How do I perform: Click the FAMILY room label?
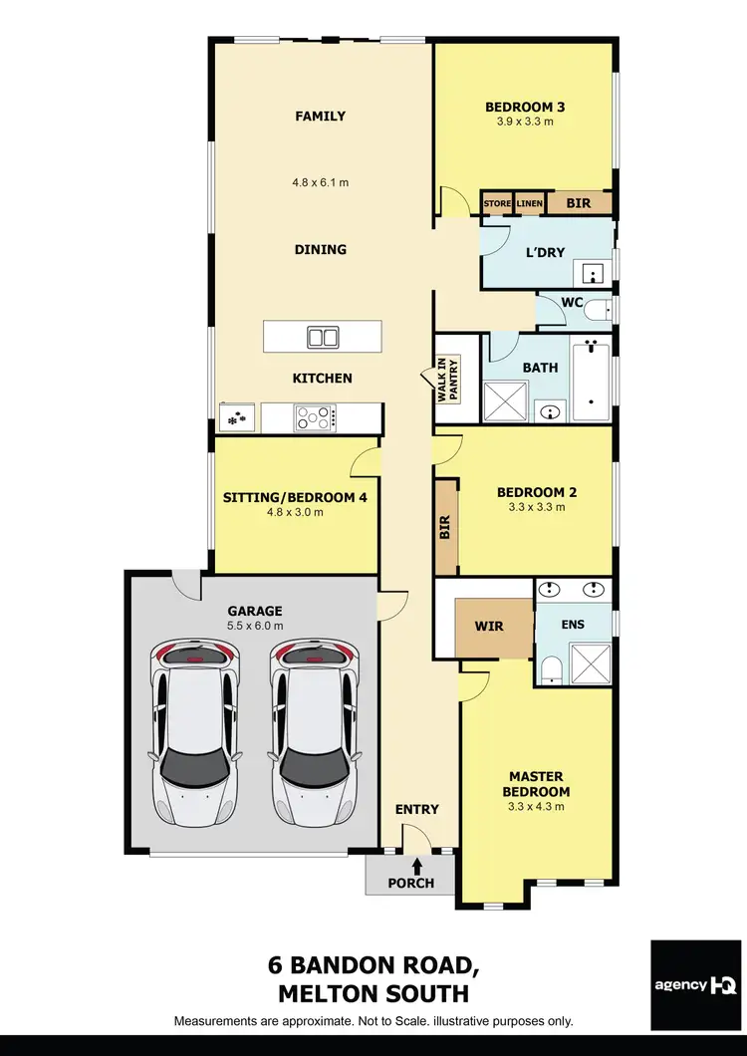point(320,117)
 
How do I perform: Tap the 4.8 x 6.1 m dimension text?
point(320,182)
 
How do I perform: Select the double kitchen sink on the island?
point(323,337)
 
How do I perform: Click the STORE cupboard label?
point(496,203)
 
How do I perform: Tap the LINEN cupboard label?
point(529,203)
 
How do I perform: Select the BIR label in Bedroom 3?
point(578,203)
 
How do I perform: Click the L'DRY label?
point(544,252)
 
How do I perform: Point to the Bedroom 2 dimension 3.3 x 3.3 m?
point(537,507)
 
